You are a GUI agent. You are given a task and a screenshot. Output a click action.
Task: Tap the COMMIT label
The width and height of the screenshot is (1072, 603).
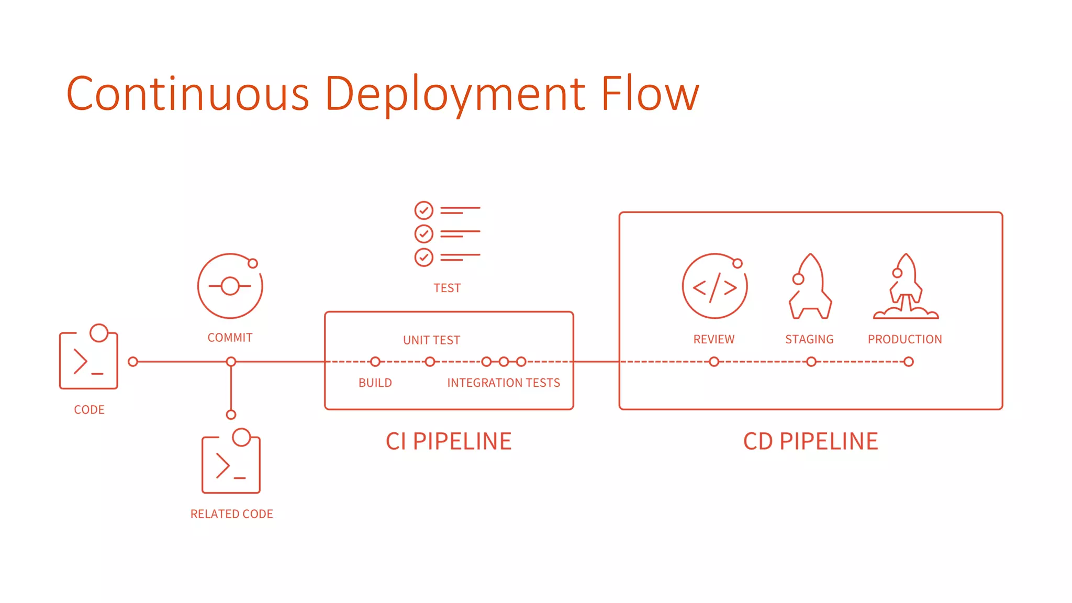230,338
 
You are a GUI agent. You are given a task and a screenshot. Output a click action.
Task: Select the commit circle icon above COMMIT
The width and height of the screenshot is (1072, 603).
230,286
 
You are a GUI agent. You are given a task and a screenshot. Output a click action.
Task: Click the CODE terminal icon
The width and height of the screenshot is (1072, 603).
88,360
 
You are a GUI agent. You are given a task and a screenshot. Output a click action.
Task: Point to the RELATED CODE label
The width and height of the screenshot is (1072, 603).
231,514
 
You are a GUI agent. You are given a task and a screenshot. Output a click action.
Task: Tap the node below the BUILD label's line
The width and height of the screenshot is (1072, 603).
375,362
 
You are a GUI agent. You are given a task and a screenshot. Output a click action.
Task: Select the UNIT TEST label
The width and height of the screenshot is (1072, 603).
431,340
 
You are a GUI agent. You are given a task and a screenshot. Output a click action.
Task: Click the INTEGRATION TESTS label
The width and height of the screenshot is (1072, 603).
503,383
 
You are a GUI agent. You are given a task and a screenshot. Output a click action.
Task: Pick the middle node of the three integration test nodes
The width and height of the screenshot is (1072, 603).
504,362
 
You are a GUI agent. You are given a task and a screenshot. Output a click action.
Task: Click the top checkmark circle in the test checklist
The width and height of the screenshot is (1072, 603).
423,210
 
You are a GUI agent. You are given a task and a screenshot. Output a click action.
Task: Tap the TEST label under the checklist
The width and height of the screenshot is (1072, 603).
447,288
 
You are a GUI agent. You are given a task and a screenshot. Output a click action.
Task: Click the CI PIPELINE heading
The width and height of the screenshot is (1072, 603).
449,441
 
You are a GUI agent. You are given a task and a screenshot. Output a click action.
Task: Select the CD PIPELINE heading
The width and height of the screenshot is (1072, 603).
810,441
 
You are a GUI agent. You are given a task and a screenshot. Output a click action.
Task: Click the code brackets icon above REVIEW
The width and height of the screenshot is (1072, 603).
714,286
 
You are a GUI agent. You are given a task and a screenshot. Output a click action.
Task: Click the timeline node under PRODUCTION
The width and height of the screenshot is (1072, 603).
909,362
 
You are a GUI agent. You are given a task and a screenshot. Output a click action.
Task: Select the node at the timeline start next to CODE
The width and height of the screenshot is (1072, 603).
133,362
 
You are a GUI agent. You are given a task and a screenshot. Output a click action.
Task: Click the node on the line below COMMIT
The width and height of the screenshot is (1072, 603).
231,362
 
